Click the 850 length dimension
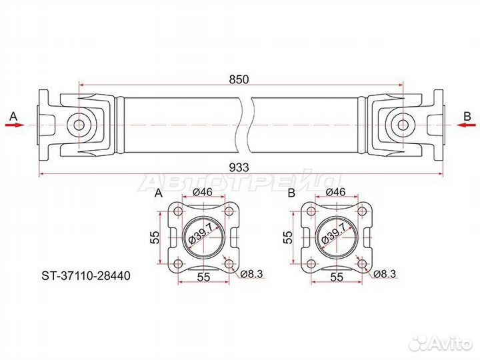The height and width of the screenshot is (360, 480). [239, 79]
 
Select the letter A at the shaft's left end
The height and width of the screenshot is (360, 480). [12, 115]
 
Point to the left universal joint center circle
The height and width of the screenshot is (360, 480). [78, 125]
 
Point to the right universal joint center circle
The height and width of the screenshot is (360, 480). [402, 125]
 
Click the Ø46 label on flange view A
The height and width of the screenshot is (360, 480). [202, 193]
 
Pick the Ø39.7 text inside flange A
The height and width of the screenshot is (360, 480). [203, 235]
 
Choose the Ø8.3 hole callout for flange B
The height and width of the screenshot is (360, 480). [385, 273]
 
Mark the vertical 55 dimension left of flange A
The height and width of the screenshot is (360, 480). [153, 237]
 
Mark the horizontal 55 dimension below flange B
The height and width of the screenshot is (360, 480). [336, 275]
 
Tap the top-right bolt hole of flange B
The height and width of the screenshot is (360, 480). [362, 212]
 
